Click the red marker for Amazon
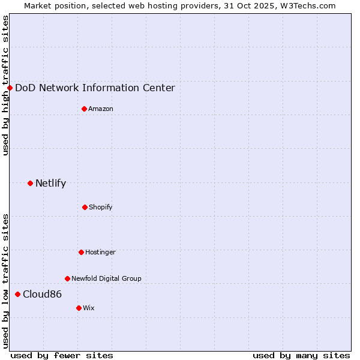tap(84, 109)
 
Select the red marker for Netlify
tap(30, 183)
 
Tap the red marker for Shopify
tap(85, 207)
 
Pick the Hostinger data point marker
tap(81, 252)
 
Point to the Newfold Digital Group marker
tap(67, 278)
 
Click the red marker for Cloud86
tap(17, 294)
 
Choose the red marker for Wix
tap(79, 308)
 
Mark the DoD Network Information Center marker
tap(10, 88)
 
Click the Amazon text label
tap(101, 109)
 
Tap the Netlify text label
tap(50, 183)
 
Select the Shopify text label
tap(101, 207)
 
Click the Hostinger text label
tap(100, 252)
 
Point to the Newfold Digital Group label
tap(106, 278)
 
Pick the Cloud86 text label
tap(42, 294)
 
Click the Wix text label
tap(89, 308)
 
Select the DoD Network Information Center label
tap(95, 88)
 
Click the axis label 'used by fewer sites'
tap(62, 355)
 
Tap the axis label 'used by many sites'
tap(301, 355)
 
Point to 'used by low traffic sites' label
tap(5, 281)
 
